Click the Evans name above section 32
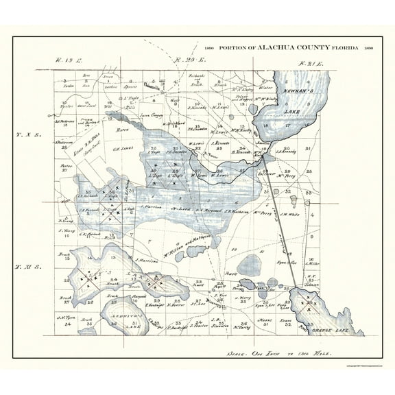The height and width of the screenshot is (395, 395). click(x=287, y=320)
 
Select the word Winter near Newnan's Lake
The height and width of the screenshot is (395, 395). click(x=266, y=88)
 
